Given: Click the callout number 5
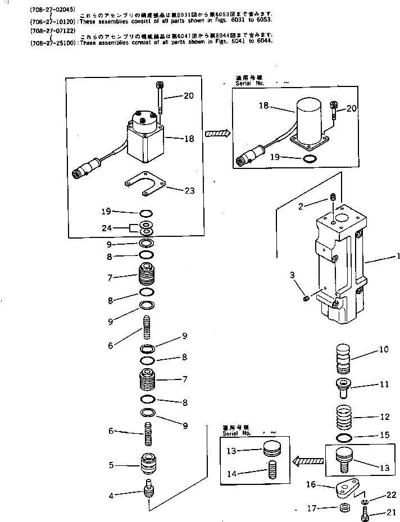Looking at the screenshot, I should pos(111,465).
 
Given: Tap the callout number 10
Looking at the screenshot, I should pos(384,350).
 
